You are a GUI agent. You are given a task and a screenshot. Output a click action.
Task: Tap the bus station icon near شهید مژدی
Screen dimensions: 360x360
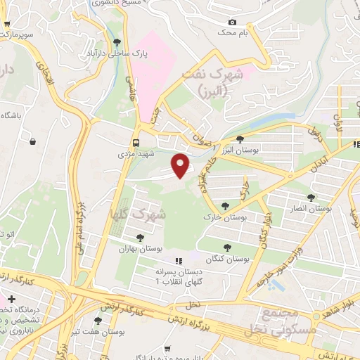[x=137, y=139]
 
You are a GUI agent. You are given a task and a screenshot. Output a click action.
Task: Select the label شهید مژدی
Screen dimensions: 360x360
[x=136, y=153]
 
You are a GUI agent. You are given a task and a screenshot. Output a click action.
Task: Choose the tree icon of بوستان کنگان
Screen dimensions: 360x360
[x=227, y=247]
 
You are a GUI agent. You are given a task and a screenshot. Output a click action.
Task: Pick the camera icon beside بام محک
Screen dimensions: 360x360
[x=232, y=22]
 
